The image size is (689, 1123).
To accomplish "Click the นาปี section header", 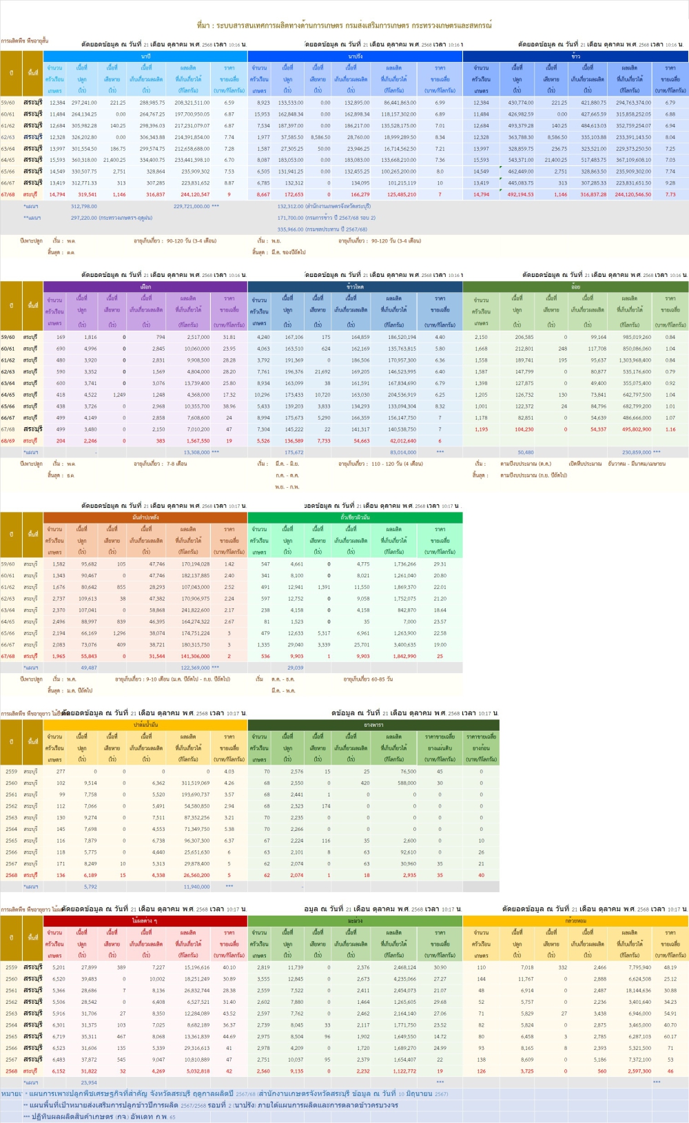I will coord(145,56).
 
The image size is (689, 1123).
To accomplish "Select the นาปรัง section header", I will coord(355,56).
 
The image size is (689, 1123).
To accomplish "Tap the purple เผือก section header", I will coord(145,286).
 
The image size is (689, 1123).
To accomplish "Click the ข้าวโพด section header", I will coord(355,286).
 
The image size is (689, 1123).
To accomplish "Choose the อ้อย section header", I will coord(575,286).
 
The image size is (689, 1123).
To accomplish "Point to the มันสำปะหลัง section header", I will coord(145,517).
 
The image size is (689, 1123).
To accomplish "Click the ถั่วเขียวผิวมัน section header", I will coord(355,517).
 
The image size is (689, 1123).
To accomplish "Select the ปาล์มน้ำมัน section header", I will coord(145,725).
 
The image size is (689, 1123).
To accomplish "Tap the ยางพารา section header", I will coord(373,725).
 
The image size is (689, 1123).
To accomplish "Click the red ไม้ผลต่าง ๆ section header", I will coord(145,920).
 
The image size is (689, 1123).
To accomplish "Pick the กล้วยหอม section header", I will coord(575,920).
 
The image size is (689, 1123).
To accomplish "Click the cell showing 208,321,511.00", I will coord(192,103).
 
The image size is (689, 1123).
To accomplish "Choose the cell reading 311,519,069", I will coord(196,783).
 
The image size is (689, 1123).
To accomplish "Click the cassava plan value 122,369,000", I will coord(196,668).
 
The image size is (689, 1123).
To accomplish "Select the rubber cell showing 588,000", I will coord(407,783).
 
